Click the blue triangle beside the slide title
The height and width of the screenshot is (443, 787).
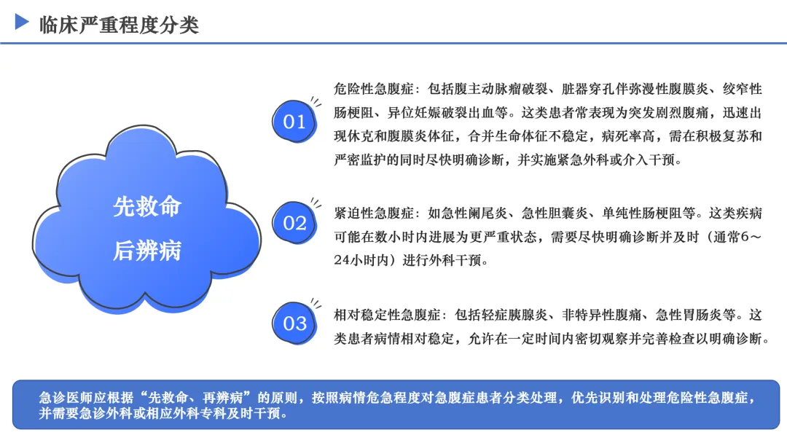[x=22, y=22]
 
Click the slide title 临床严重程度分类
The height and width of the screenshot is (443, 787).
[x=119, y=25]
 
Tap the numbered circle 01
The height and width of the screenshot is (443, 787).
[x=294, y=122]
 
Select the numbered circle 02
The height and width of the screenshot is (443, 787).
[x=294, y=223]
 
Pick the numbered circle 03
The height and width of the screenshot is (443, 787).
[x=294, y=324]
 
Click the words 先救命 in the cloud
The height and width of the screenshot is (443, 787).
[x=147, y=206]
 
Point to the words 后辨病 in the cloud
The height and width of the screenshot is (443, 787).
[x=147, y=251]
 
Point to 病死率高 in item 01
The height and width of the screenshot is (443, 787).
[x=628, y=136]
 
